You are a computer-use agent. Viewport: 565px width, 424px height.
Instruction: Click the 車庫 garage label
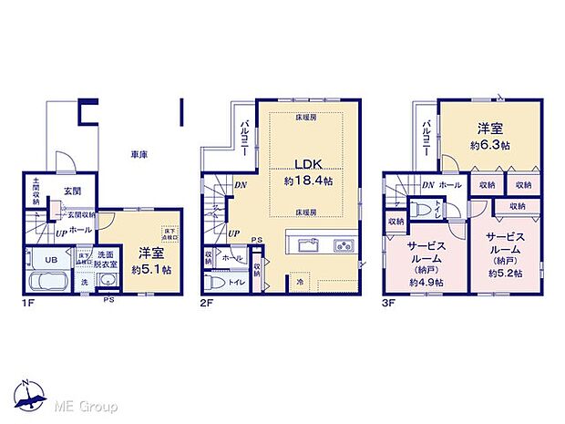139,155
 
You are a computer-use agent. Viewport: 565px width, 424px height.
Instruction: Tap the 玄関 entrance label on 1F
73,191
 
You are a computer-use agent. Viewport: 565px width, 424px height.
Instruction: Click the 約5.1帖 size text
148,270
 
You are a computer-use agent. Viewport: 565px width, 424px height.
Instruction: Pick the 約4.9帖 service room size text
426,283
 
